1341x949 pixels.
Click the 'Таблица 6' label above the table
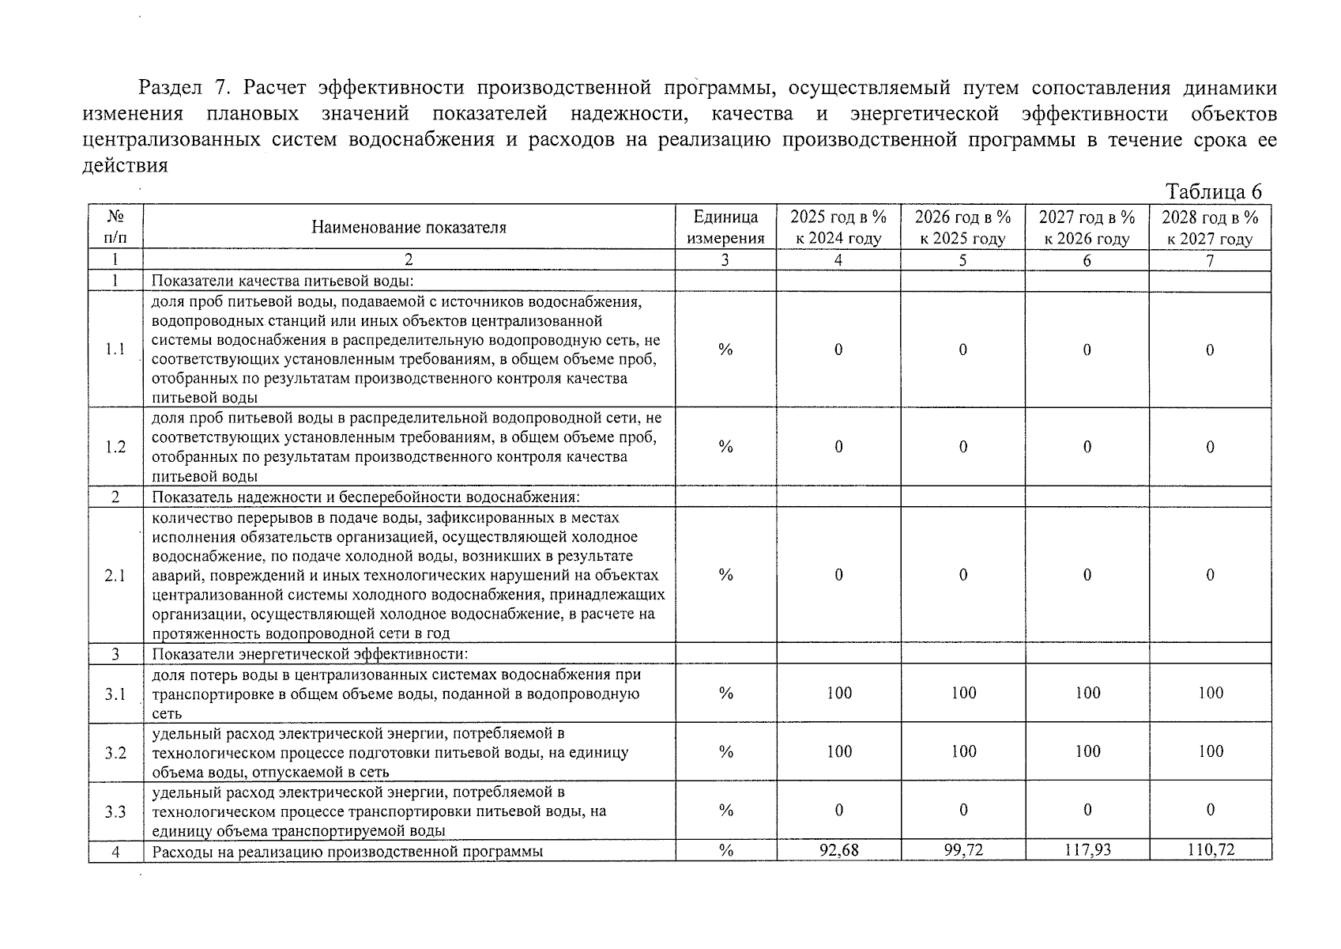coord(1213,192)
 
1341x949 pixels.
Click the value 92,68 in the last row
coord(838,850)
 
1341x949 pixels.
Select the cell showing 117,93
coord(1087,850)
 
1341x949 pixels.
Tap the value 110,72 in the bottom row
coord(1210,850)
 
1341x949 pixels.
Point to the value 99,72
coord(962,850)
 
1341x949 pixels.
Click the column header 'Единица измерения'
coord(725,228)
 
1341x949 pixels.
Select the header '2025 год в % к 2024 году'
coord(838,228)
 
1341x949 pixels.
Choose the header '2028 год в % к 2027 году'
coord(1209,228)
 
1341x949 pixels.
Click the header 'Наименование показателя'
coord(408,228)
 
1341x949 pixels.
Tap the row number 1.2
coord(115,447)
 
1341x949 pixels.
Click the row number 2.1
coord(115,576)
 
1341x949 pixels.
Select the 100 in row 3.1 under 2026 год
coord(963,694)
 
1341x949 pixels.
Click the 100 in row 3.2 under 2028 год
coord(1210,752)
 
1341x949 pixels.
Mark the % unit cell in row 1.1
coord(725,350)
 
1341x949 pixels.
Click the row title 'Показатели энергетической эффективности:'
coord(310,654)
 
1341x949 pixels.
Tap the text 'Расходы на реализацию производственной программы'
coord(348,851)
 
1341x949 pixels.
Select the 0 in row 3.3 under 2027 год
coord(1087,811)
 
